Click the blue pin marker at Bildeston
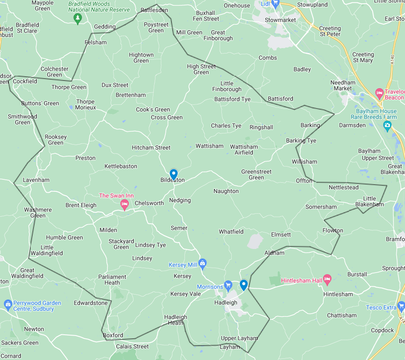[x=174, y=174]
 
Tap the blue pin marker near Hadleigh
[x=244, y=284]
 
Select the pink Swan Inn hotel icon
[x=124, y=203]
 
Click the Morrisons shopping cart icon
[x=228, y=285]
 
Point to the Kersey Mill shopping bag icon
[x=202, y=263]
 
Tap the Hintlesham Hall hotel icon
[x=327, y=280]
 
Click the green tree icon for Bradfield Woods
[x=78, y=18]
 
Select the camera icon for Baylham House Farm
[x=387, y=125]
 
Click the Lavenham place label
[x=36, y=180]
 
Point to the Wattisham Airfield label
[x=244, y=150]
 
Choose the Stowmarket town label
[x=280, y=20]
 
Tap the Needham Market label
[x=343, y=85]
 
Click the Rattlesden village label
[x=154, y=10]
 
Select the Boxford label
[x=113, y=335]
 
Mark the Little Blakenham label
[x=370, y=201]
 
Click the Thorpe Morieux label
[x=86, y=104]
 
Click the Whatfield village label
[x=231, y=232]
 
